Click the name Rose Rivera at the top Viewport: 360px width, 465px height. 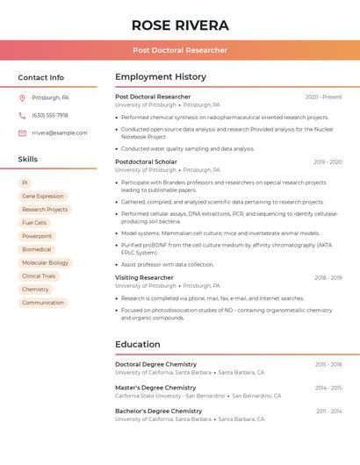coord(180,25)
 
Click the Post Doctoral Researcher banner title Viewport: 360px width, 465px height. coord(180,50)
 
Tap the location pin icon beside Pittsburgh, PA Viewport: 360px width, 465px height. coord(22,97)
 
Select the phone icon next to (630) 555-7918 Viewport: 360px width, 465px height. coord(22,115)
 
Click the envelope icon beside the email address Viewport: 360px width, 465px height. coord(22,133)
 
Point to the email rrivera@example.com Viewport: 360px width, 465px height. coord(60,133)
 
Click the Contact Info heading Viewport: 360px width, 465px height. coord(41,77)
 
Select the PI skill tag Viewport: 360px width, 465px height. coord(25,182)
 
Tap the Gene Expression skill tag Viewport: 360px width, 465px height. coord(43,197)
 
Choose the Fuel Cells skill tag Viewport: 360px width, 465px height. coord(34,223)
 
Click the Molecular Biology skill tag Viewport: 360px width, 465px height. coord(45,262)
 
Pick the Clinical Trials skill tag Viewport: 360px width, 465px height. coord(39,275)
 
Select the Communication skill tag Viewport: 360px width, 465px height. coord(43,303)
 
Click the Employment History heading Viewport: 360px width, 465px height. coord(161,77)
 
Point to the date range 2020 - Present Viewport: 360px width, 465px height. coord(323,97)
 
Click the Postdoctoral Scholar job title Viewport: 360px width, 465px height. coord(146,162)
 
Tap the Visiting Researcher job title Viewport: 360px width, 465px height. coord(144,277)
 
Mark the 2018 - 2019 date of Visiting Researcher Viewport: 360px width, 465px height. coord(328,278)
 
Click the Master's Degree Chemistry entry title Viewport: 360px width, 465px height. coord(155,388)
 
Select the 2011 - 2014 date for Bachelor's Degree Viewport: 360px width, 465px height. coord(328,411)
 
